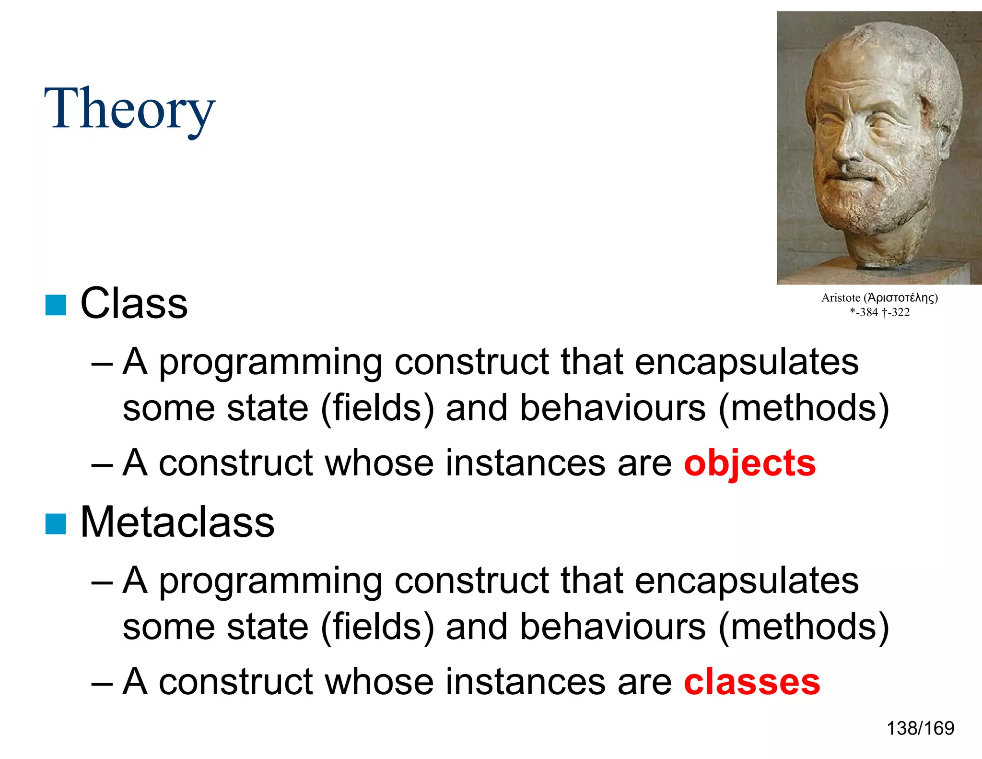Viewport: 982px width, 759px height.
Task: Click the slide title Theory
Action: (129, 109)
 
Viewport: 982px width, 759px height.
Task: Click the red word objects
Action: (749, 463)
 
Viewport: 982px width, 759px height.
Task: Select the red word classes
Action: (751, 682)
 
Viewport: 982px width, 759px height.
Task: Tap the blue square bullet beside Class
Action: (56, 305)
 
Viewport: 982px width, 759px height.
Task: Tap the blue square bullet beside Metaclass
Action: (56, 523)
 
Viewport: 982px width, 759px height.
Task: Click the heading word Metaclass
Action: (177, 522)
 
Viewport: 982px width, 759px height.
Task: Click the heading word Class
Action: (134, 304)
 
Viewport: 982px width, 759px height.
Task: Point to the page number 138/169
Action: (920, 728)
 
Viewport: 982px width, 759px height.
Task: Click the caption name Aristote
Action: (841, 298)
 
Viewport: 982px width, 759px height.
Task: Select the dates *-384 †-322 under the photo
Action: (879, 312)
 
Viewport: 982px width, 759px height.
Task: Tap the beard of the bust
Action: (873, 202)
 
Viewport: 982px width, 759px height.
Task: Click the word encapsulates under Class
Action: (747, 362)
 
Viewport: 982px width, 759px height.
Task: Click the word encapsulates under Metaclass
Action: (747, 581)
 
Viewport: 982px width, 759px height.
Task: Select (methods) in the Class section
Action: (804, 408)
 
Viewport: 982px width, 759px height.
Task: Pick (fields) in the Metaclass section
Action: (377, 627)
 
